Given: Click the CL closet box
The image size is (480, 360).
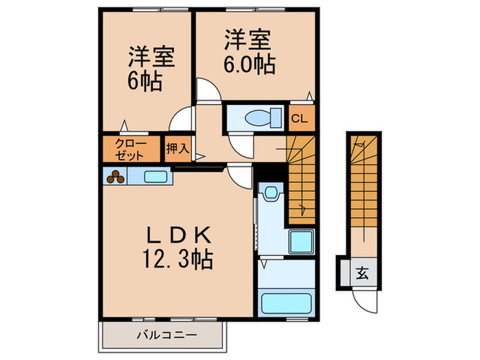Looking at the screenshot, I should (300, 117).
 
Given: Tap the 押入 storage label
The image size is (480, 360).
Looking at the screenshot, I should (178, 147).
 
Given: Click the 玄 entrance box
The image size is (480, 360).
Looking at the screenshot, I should (361, 272).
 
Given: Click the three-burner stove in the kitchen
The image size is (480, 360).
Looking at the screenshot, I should (115, 177).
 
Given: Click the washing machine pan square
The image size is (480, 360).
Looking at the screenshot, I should (299, 241).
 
